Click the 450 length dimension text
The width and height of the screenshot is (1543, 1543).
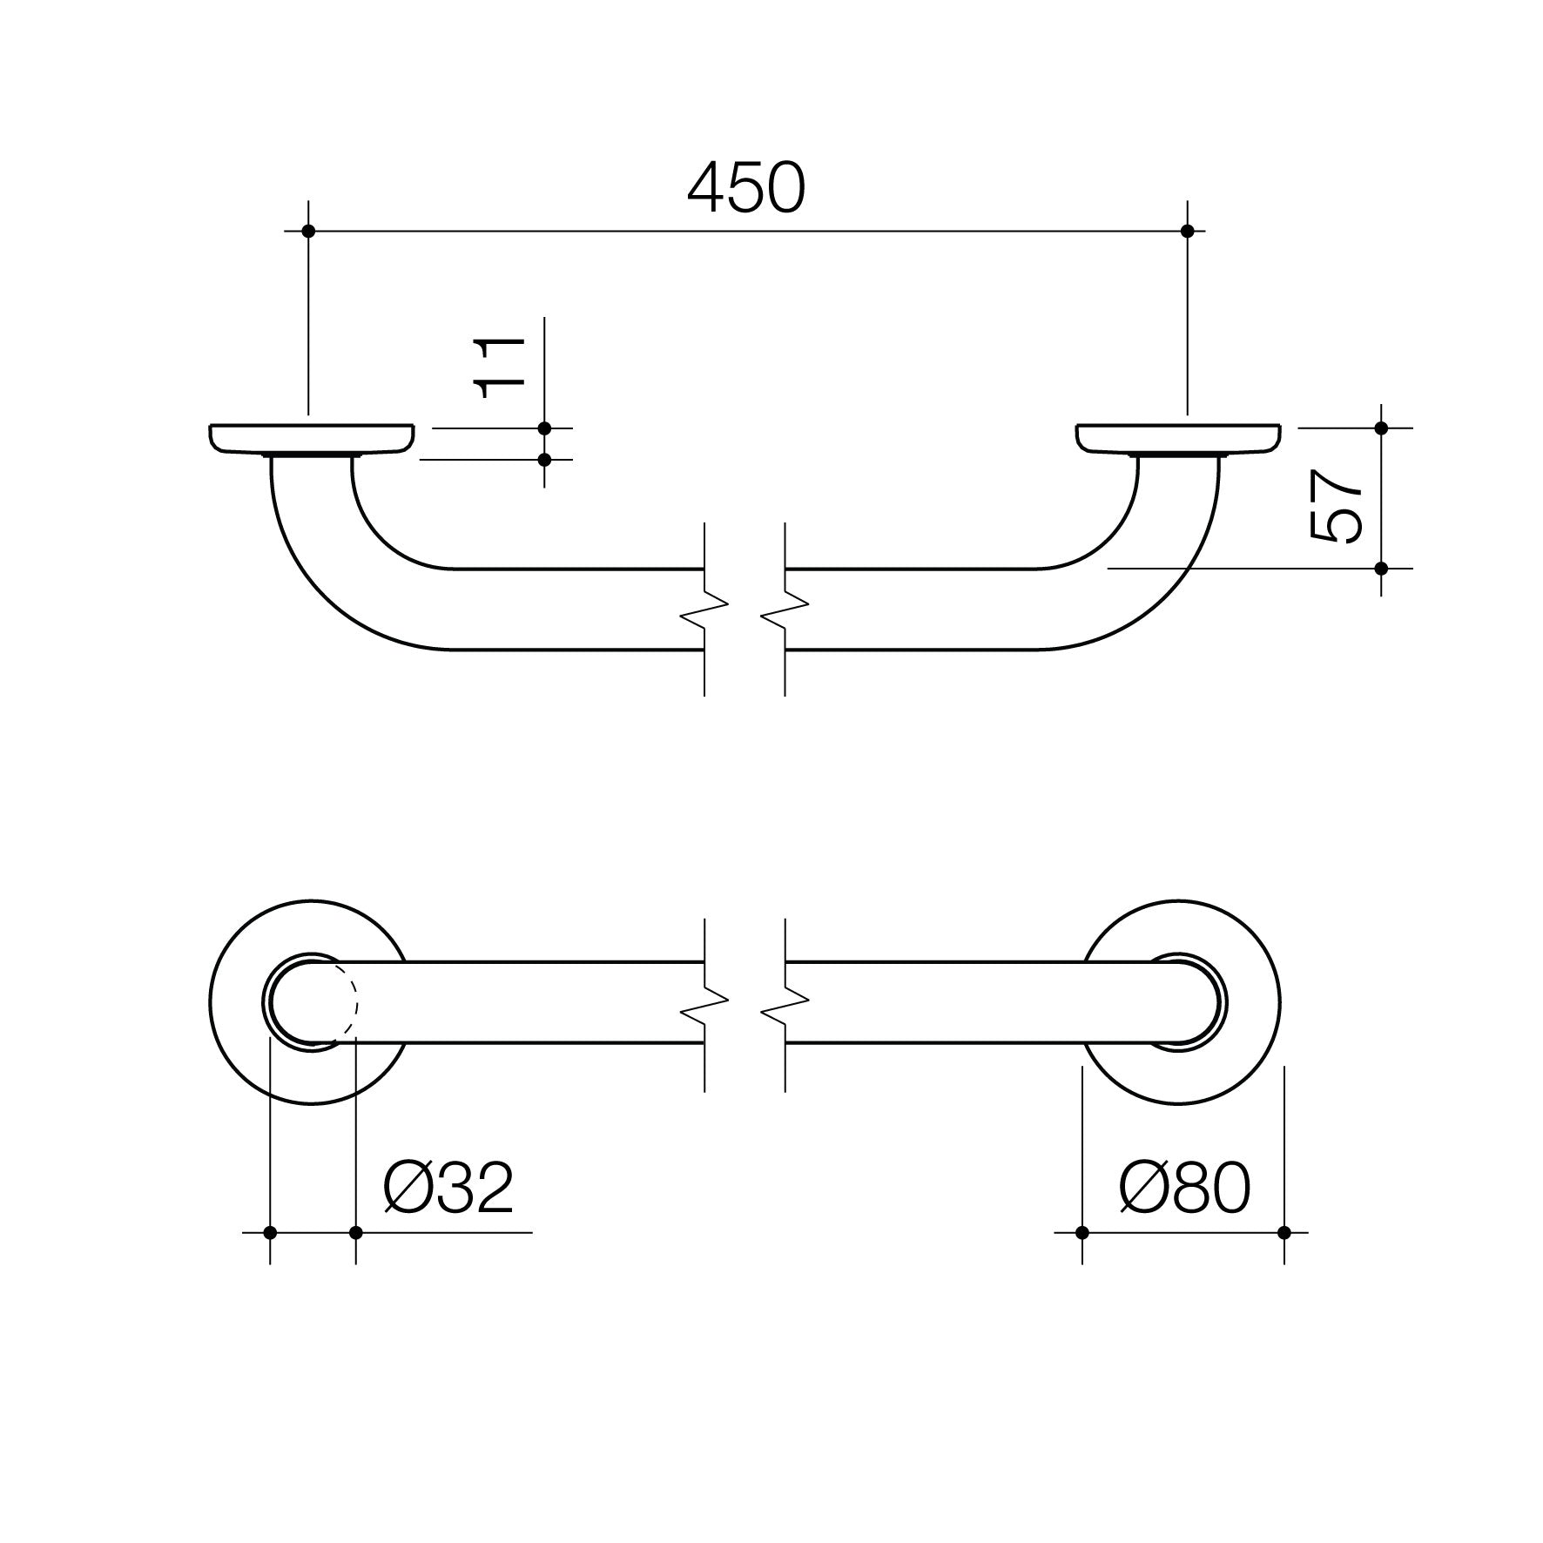point(746,189)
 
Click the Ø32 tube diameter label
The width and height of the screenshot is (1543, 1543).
point(448,1189)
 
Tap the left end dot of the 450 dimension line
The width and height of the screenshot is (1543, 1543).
point(307,231)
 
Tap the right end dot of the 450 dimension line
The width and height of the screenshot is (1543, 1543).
point(1188,231)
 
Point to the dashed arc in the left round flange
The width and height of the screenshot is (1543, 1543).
point(354,1001)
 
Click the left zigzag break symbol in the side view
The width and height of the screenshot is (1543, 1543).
point(704,610)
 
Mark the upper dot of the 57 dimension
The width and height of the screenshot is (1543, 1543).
point(1381,428)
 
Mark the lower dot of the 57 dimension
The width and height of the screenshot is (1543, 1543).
point(1381,569)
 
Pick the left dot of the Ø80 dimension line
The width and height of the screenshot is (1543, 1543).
point(1082,1232)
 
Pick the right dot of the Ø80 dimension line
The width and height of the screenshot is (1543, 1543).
point(1284,1232)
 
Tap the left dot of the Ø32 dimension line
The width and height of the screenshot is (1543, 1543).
point(270,1232)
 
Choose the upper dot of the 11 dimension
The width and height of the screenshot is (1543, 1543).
point(544,428)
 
